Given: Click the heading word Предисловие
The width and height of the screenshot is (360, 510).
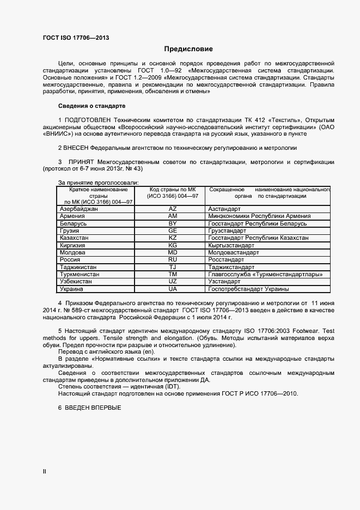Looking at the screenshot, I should click(180, 49).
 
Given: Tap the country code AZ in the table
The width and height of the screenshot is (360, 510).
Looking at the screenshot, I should click(173, 209).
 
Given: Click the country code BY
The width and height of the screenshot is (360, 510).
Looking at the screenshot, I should click(173, 223).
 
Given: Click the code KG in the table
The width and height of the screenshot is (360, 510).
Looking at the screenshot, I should click(173, 246).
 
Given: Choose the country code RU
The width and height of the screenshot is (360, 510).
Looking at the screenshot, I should click(173, 260).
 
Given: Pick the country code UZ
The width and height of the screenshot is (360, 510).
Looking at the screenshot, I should click(173, 282).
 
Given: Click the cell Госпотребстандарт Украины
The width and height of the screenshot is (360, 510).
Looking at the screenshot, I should click(248, 289).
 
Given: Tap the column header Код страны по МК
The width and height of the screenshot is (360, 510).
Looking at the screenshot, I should click(173, 189).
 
